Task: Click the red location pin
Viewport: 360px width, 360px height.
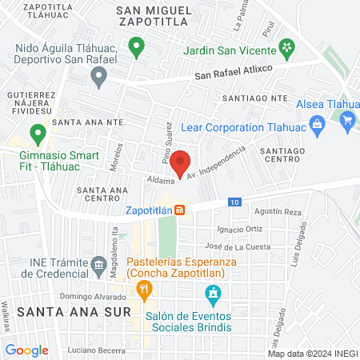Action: pos(181,162)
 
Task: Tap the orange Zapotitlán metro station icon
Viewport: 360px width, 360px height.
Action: pos(181,210)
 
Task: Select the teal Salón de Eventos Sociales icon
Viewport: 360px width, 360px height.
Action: pos(213,296)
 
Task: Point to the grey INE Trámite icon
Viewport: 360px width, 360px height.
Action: pos(98,263)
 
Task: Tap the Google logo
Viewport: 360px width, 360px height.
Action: pos(26,350)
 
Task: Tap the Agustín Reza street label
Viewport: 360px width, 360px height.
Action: pos(277,212)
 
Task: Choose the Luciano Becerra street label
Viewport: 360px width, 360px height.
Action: pos(98,351)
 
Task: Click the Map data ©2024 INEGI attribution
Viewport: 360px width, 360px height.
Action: pos(310,353)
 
